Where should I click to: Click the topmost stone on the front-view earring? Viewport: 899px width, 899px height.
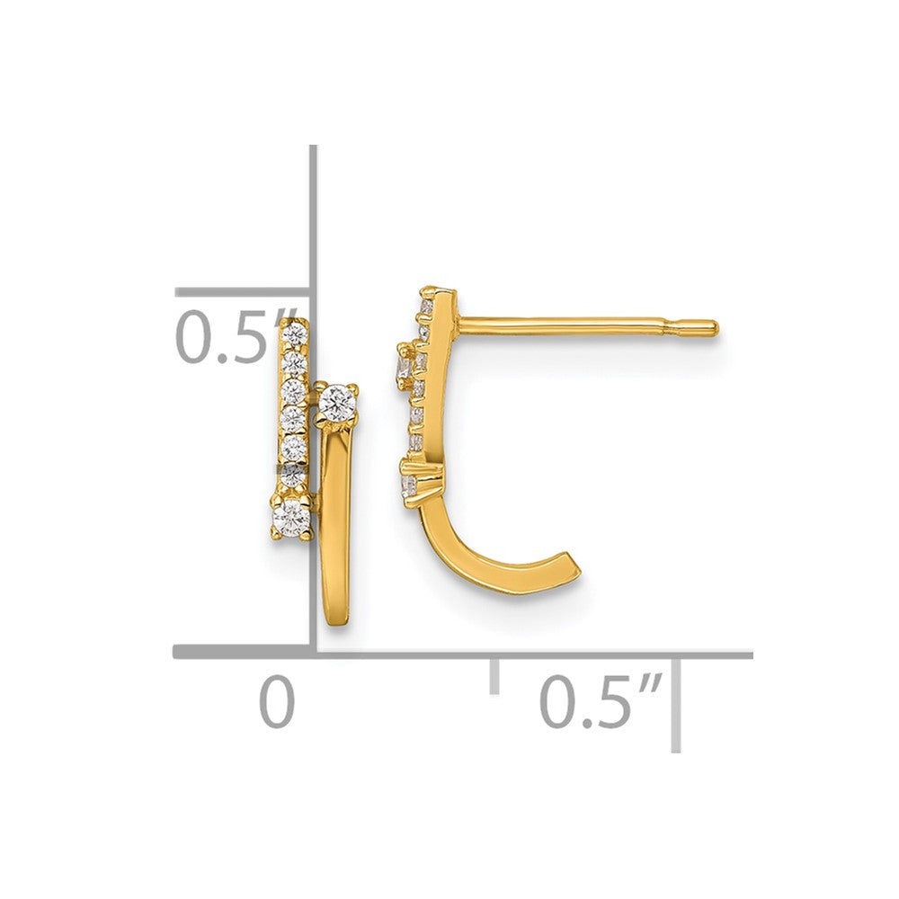[x=296, y=332]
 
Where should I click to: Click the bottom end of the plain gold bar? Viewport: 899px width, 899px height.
[x=336, y=621]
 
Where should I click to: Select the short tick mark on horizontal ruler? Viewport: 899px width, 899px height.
[x=494, y=676]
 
